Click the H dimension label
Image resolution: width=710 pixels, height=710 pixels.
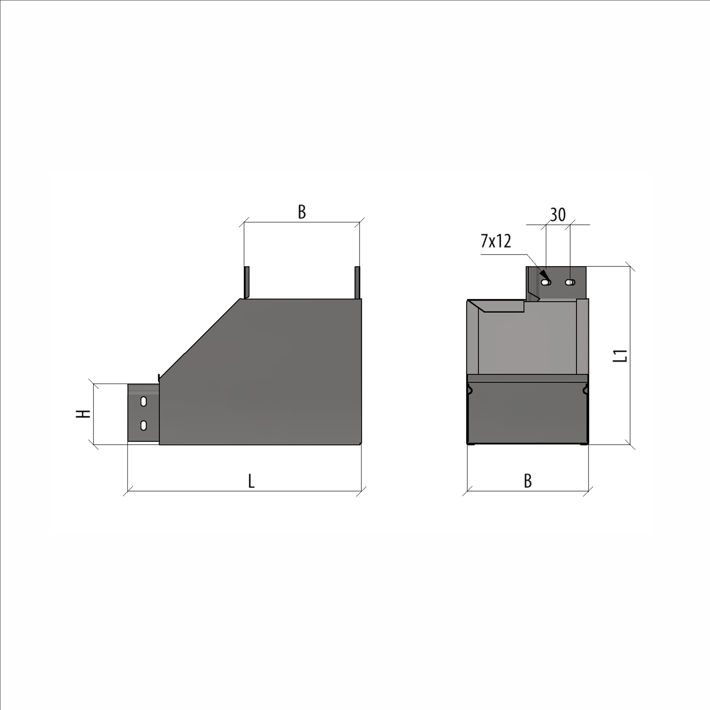pyautogui.click(x=83, y=414)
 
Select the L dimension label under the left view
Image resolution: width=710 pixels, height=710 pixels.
pyautogui.click(x=251, y=481)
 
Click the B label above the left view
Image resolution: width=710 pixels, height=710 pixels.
pyautogui.click(x=302, y=212)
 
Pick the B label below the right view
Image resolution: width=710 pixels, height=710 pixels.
pyautogui.click(x=528, y=481)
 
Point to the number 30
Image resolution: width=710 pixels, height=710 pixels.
pyautogui.click(x=558, y=215)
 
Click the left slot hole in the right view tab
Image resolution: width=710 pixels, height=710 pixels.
pyautogui.click(x=546, y=282)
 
